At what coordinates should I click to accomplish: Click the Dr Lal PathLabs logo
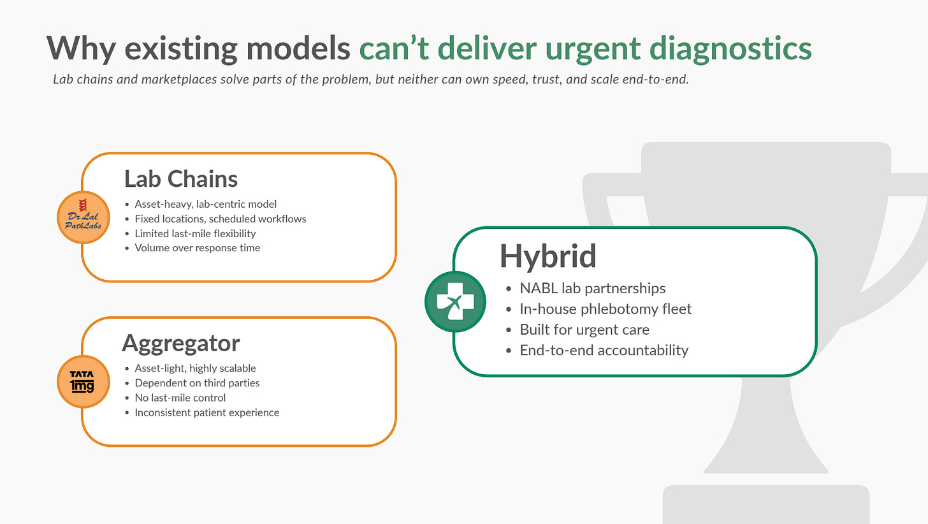point(83,217)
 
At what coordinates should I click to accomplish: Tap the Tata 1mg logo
point(83,381)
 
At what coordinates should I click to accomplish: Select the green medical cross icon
point(455,302)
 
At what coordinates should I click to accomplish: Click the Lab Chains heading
point(181,179)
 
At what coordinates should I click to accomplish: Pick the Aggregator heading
point(181,344)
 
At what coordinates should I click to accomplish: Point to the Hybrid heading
point(547,256)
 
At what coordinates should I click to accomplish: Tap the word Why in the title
point(81,49)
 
